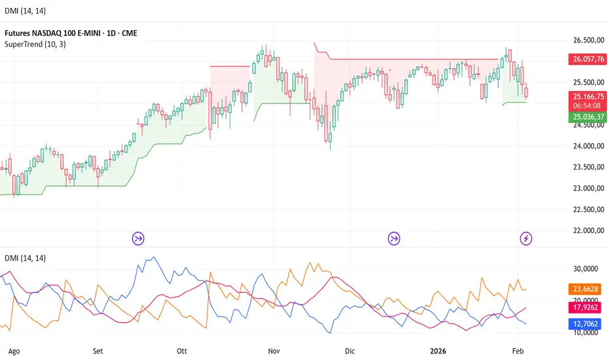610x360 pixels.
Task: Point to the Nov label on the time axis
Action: point(275,350)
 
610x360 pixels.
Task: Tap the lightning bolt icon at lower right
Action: point(526,238)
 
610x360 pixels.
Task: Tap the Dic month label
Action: point(350,350)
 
